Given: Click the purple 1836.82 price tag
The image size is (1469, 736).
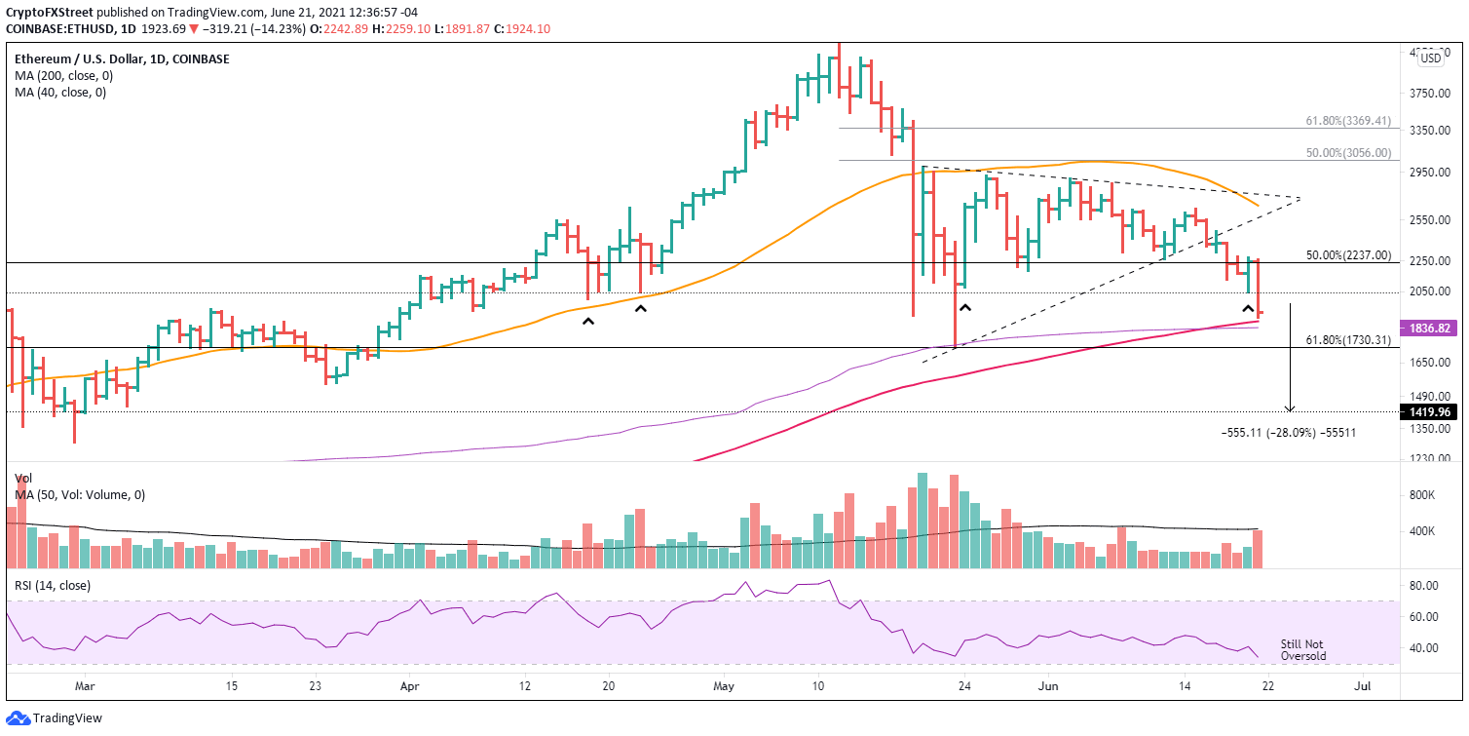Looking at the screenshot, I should [x=1427, y=329].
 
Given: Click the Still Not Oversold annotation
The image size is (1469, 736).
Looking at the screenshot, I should [x=1303, y=649].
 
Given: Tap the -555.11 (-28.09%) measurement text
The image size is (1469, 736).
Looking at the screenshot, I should [x=1288, y=432].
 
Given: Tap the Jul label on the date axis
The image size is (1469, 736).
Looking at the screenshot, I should [x=1363, y=686].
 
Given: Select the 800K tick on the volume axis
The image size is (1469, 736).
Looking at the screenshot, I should [x=1424, y=495].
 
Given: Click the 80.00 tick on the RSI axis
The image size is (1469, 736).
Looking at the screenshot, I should [x=1424, y=586].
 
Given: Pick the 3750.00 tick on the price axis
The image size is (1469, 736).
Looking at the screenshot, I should [x=1427, y=94].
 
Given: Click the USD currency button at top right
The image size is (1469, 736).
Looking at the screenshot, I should [x=1431, y=58].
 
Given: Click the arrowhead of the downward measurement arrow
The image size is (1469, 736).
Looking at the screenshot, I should [x=1290, y=409].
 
